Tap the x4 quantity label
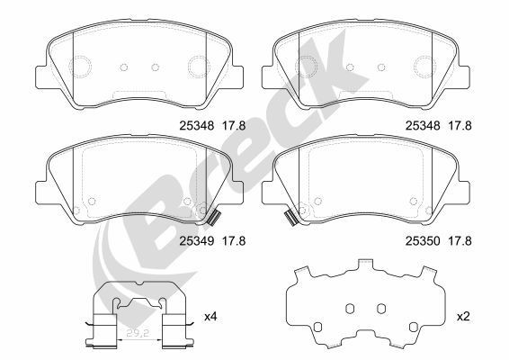(x=211, y=317)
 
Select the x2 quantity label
(x=464, y=317)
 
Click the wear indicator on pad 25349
(x=214, y=218)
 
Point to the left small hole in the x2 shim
(x=350, y=309)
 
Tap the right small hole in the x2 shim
(x=380, y=309)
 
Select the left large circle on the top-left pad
(x=82, y=66)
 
